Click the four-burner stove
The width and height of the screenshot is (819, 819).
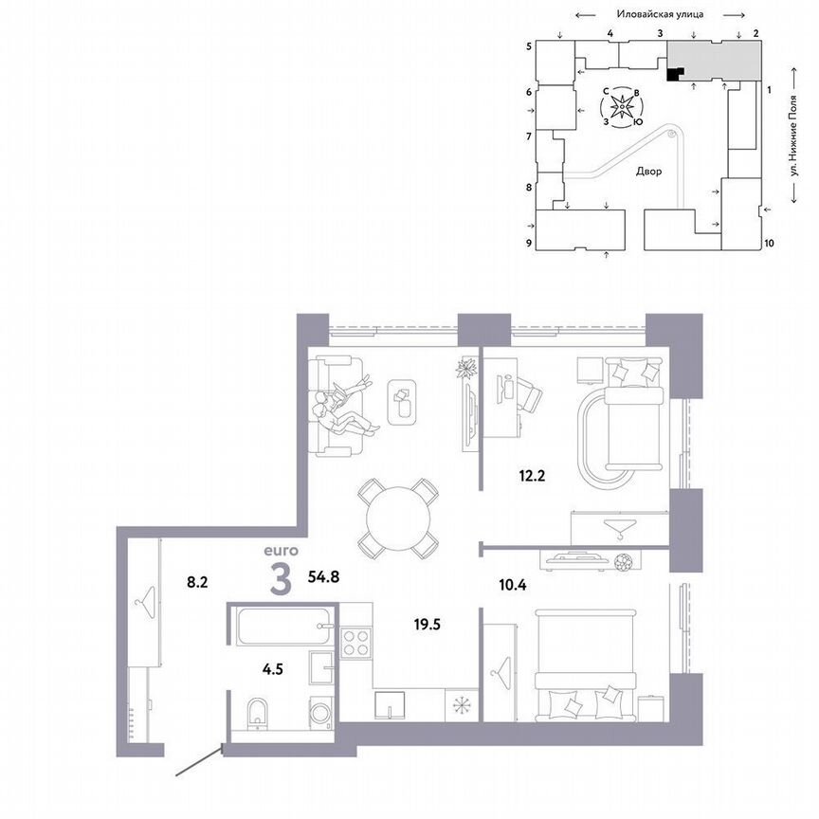[x=357, y=644]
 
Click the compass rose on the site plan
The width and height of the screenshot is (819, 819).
[x=623, y=108]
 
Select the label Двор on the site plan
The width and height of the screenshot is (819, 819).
[x=649, y=172]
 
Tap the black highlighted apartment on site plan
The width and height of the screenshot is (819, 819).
[x=673, y=74]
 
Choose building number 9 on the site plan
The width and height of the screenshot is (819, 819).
[x=529, y=244]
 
